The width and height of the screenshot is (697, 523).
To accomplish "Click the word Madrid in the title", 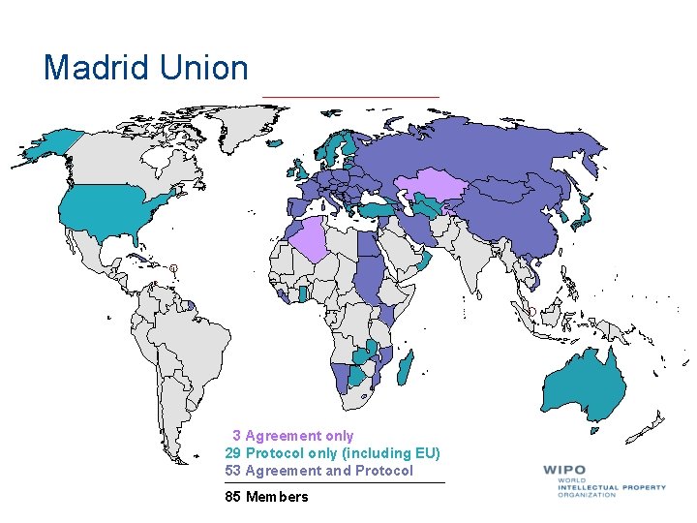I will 93,68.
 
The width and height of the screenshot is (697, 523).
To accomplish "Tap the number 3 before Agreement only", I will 236,436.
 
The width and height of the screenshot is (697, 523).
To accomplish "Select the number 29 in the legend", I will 232,453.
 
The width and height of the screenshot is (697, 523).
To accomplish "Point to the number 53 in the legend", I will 232,471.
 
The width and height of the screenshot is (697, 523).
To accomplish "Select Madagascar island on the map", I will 409,368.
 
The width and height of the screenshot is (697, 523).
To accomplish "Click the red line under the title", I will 350,97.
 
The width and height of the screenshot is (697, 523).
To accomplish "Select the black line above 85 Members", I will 335,482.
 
